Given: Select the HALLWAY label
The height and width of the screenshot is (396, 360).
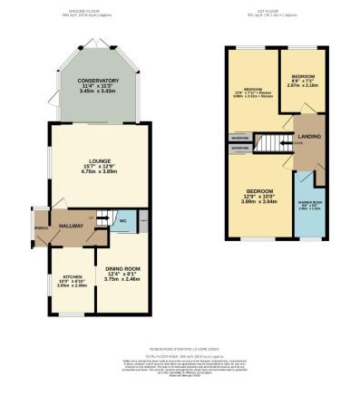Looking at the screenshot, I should coord(72,223).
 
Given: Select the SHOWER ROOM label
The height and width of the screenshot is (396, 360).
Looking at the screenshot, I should coord(308,205).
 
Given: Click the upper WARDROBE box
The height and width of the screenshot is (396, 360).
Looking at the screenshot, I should coord(240,138).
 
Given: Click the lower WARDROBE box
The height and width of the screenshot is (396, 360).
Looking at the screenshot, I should coord(240,147).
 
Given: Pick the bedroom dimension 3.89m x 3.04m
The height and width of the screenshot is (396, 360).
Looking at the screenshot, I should coord(260,201).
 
